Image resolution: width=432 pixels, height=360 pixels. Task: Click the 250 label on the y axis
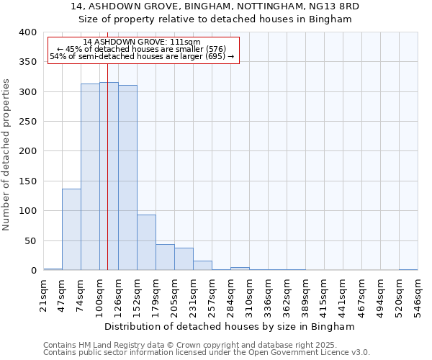click(27, 122)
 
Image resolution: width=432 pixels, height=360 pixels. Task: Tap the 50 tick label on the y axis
click(30, 240)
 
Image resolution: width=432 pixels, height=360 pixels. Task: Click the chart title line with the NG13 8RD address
click(215, 6)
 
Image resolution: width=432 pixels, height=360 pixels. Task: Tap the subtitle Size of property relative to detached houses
click(215, 19)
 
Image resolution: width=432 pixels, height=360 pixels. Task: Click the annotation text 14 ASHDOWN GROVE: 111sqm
click(142, 42)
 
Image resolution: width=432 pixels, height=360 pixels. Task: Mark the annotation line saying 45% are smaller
click(142, 49)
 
